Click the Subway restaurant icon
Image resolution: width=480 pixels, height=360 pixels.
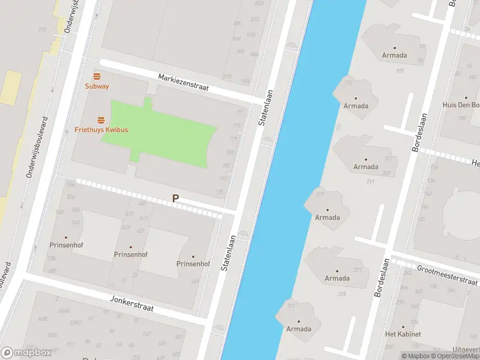[x=97, y=76]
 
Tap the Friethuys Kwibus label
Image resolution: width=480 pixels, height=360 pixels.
[x=101, y=130]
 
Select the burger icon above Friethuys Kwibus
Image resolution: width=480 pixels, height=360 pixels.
[x=101, y=120]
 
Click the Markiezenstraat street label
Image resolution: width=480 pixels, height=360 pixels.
[x=183, y=82]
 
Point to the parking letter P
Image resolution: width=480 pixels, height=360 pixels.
[x=175, y=198]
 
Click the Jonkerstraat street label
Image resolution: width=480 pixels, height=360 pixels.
[x=132, y=303]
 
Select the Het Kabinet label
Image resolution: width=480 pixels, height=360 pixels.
[x=403, y=334]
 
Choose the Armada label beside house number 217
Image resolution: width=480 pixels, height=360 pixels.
[x=328, y=218]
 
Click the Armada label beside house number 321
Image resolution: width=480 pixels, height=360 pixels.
[x=299, y=329]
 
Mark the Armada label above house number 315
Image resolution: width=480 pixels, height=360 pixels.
[x=337, y=278]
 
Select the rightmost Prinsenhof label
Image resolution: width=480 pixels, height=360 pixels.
[x=193, y=264]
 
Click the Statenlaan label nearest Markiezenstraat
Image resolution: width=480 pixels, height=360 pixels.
[x=265, y=107]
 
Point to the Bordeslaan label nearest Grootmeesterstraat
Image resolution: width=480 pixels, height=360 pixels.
[x=380, y=278]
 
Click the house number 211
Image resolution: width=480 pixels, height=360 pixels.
[x=370, y=182]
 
